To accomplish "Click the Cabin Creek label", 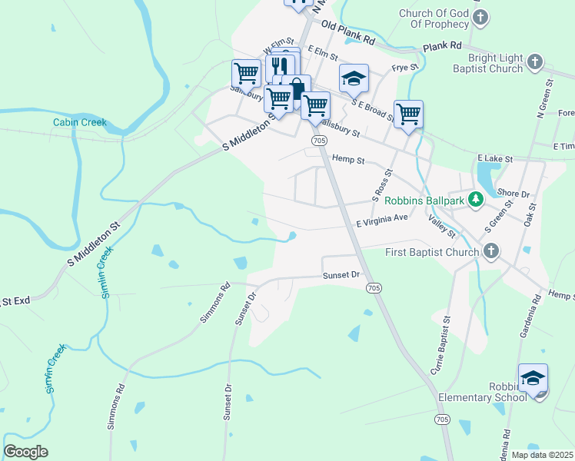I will (79, 122).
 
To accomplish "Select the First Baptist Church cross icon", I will (490, 251).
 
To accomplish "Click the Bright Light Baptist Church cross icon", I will (536, 62).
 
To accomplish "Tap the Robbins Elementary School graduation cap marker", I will (533, 377).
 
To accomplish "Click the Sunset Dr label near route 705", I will (341, 274).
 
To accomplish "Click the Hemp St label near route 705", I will (347, 159).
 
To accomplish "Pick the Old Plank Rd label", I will (347, 32).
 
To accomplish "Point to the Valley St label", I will (442, 227).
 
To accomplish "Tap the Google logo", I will (25, 452).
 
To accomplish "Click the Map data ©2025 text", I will (542, 454).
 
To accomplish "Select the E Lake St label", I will (494, 158).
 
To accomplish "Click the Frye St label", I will (404, 68).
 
